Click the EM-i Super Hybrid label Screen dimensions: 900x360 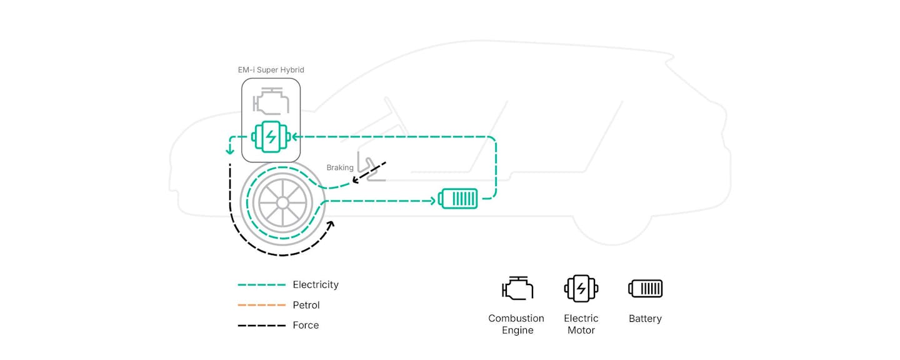[x=271, y=70]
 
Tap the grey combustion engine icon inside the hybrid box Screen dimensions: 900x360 [x=271, y=101]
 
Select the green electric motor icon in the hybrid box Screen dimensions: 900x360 [x=271, y=137]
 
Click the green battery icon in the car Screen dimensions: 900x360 [x=458, y=199]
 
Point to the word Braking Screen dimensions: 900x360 [x=340, y=167]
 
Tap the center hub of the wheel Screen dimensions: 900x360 [x=282, y=203]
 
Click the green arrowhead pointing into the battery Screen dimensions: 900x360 [x=432, y=201]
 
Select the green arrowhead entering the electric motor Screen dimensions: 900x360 [x=295, y=137]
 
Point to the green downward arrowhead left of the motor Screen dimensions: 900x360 [x=230, y=151]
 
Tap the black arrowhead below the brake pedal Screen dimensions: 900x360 [x=355, y=180]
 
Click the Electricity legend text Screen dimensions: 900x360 [x=316, y=285]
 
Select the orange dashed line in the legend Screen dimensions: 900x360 [x=261, y=305]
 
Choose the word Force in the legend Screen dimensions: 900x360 [x=306, y=325]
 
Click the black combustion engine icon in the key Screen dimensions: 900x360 [x=517, y=288]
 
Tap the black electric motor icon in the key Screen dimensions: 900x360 [x=581, y=289]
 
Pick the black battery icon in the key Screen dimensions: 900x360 [x=645, y=289]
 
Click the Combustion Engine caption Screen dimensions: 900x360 [x=517, y=324]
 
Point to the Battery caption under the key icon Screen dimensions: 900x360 [x=645, y=319]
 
